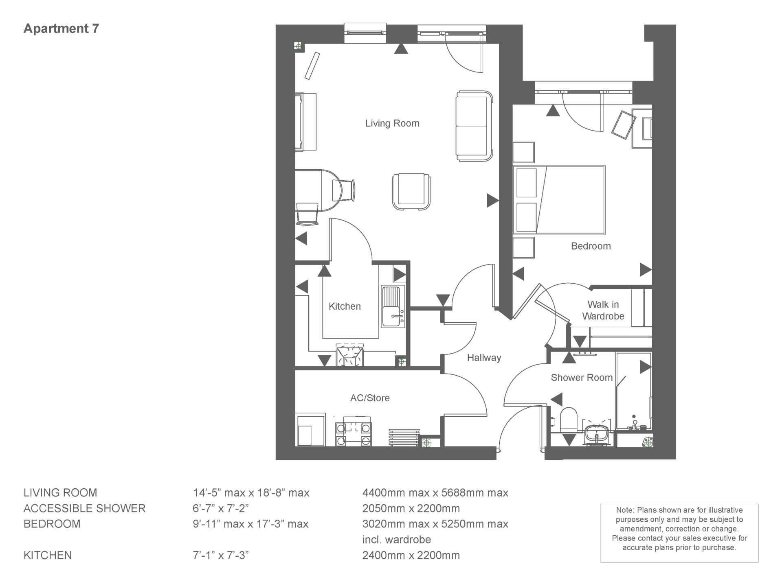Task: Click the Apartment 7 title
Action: coord(61,28)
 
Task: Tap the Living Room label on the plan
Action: coord(392,123)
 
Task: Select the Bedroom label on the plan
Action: coord(591,246)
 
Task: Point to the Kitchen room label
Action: coord(345,306)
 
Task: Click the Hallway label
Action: coord(484,358)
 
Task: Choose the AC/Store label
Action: coord(370,398)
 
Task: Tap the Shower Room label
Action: coord(582,378)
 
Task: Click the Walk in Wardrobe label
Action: coord(603,310)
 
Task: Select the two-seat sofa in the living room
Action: coord(474,126)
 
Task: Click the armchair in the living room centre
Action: coord(411,192)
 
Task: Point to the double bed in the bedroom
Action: coord(559,200)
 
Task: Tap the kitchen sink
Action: coord(393,306)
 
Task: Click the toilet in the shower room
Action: coord(568,421)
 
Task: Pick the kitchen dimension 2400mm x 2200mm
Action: coord(411,555)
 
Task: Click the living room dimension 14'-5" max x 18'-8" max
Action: coord(251,493)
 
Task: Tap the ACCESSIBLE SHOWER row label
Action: coord(84,509)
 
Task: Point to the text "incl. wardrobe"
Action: coord(397,540)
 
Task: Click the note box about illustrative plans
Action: coord(679,533)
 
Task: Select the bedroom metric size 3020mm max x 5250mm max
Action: coord(435,524)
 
